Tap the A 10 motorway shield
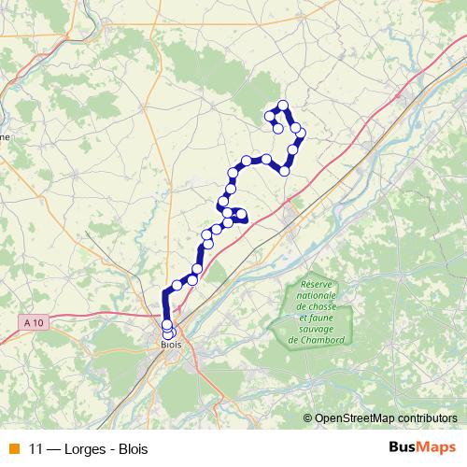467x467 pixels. coord(35,322)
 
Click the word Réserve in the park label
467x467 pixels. coord(318,285)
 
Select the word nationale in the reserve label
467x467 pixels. coord(318,295)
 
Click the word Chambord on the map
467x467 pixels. coord(318,339)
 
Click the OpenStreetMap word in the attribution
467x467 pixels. coord(354,417)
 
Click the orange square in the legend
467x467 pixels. coord(12,448)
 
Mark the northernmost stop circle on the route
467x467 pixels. coord(283,106)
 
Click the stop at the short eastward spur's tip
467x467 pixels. coord(242,216)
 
